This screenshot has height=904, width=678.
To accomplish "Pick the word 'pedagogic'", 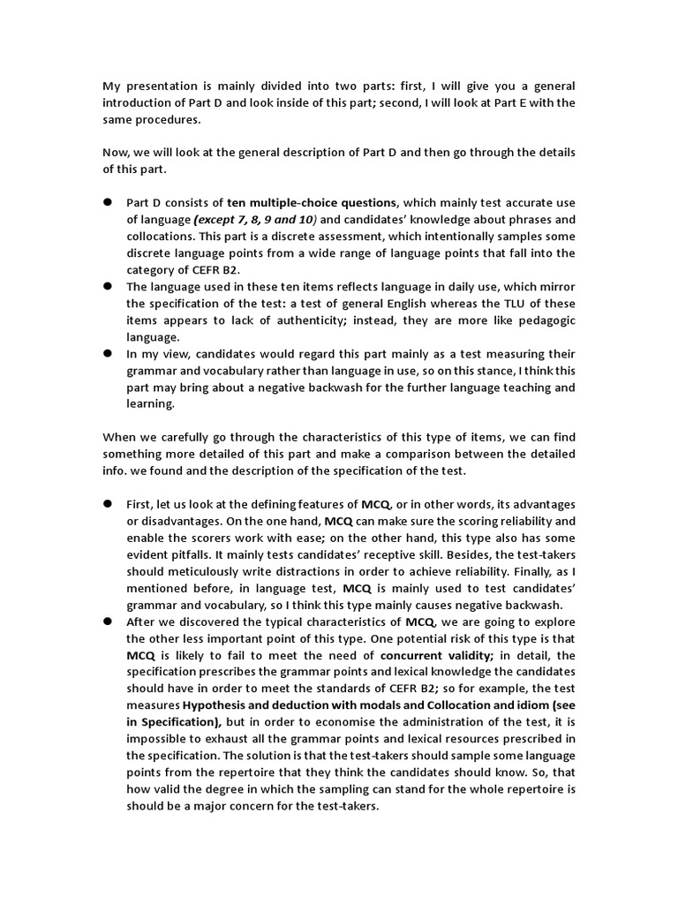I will coord(538,320).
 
